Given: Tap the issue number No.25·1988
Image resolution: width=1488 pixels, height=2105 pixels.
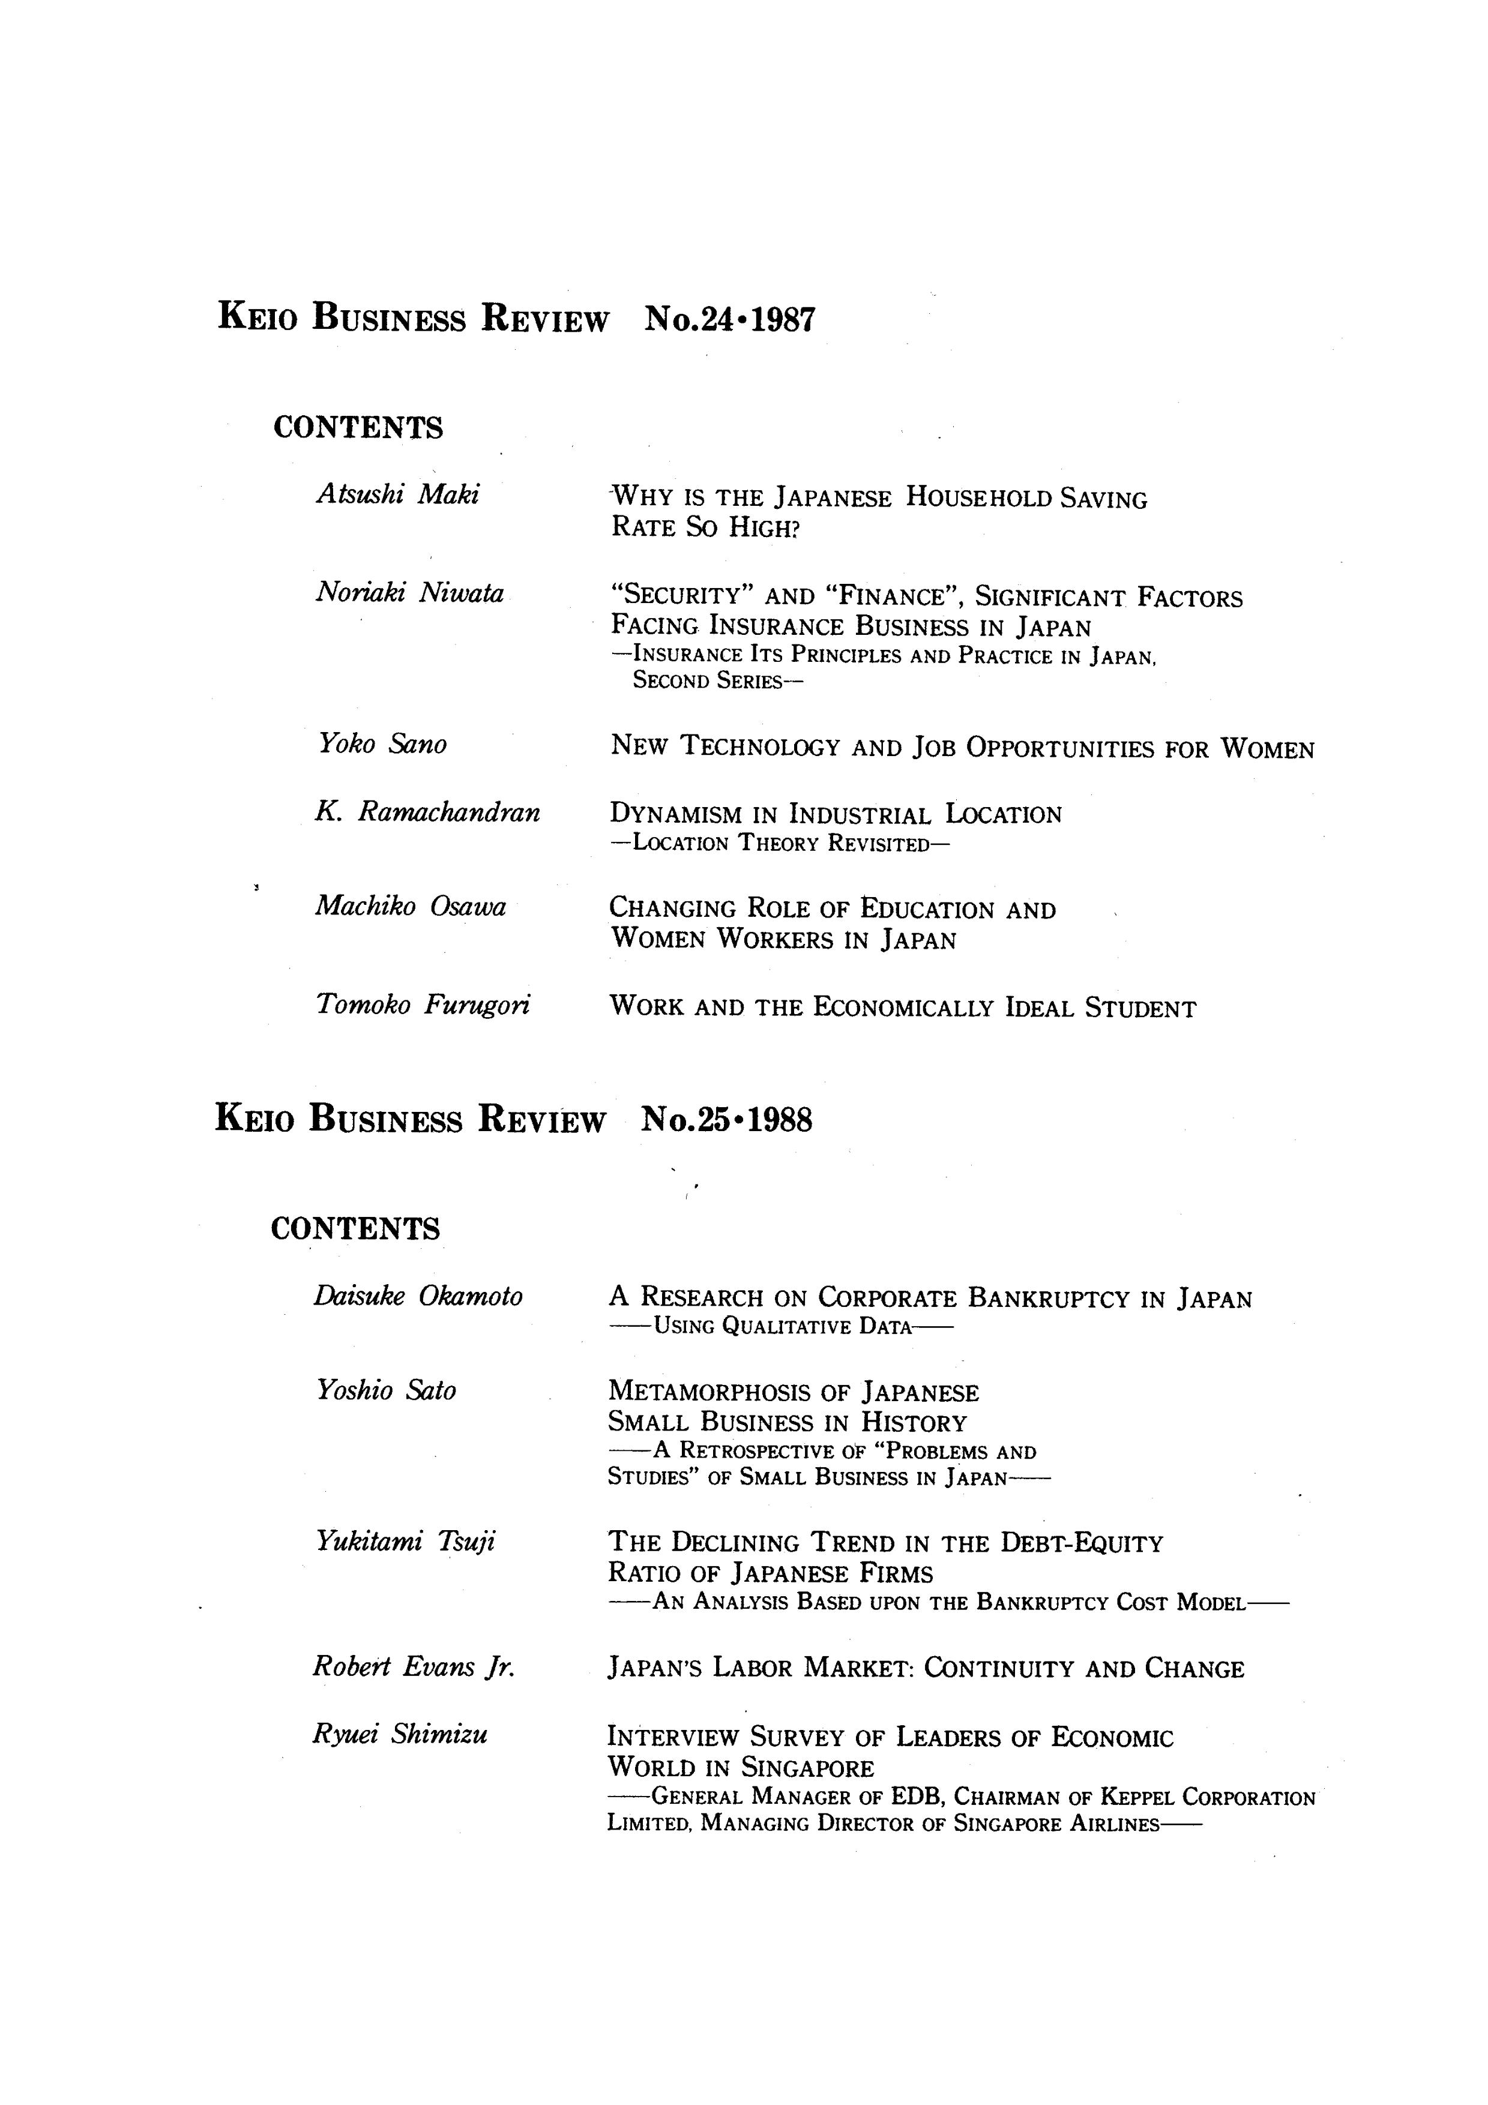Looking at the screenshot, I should pyautogui.click(x=726, y=1120).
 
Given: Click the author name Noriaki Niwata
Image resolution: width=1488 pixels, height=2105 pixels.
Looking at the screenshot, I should pyautogui.click(x=410, y=593).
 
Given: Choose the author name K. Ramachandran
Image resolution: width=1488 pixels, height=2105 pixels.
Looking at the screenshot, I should pyautogui.click(x=427, y=812).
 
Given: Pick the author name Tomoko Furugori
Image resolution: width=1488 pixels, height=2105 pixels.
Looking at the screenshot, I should pyautogui.click(x=423, y=1005).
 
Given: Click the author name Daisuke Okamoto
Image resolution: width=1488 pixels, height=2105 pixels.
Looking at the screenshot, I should pyautogui.click(x=418, y=1296).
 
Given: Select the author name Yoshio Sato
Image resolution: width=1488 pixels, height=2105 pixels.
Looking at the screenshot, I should pyautogui.click(x=386, y=1391).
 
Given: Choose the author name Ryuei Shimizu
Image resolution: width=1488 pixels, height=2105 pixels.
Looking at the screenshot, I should pyautogui.click(x=400, y=1734).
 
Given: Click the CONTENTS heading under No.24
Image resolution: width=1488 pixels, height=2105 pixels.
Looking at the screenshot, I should pyautogui.click(x=358, y=428).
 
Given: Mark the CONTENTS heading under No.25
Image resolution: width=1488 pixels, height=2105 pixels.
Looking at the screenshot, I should pyautogui.click(x=356, y=1228).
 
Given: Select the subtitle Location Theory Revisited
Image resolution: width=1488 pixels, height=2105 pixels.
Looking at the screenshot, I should pyautogui.click(x=779, y=844).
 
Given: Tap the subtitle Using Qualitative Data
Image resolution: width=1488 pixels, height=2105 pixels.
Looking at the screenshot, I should pyautogui.click(x=781, y=1326).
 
